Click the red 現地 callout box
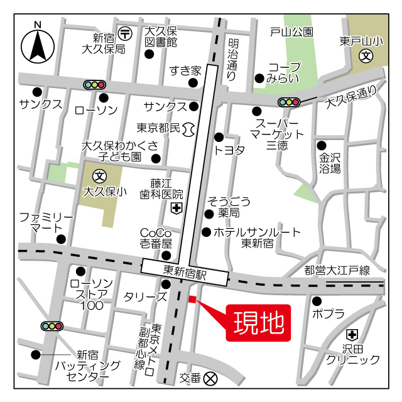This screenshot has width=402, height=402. (259, 323)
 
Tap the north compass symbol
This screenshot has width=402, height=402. (38, 45)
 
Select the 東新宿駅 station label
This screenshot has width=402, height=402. (185, 273)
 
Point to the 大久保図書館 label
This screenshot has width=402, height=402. (161, 37)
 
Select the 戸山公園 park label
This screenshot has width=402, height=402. (291, 31)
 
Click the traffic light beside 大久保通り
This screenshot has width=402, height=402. (288, 102)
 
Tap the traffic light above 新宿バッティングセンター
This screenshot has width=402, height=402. (52, 326)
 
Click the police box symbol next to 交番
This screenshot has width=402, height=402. (210, 378)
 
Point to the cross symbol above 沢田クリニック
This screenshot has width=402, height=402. (352, 334)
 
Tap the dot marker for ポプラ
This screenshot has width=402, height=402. (317, 300)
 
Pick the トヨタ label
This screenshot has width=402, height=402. (229, 150)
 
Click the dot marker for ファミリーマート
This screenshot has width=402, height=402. (61, 239)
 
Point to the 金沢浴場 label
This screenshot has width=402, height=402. (330, 163)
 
